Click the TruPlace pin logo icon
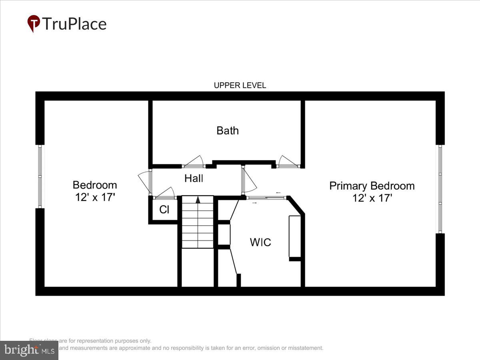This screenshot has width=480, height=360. click(x=34, y=23)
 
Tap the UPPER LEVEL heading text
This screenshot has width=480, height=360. click(x=240, y=85)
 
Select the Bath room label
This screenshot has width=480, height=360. click(x=228, y=130)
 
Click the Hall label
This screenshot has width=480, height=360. click(x=194, y=178)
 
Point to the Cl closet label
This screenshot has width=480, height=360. click(x=164, y=210)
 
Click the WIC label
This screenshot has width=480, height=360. click(x=260, y=242)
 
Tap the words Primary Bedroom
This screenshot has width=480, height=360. click(x=372, y=186)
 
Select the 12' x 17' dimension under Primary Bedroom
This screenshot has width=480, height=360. click(x=372, y=198)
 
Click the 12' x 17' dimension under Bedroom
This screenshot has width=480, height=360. click(x=95, y=197)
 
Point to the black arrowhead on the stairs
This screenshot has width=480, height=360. click(x=198, y=200)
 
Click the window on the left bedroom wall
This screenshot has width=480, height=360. click(x=40, y=176)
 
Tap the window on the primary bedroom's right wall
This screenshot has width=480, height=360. click(x=440, y=189)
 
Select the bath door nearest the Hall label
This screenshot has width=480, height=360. click(x=194, y=162)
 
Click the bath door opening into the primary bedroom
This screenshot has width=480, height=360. click(x=288, y=162)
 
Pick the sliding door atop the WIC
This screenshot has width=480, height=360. click(x=266, y=197)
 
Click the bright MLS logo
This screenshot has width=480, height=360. click(x=29, y=350)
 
